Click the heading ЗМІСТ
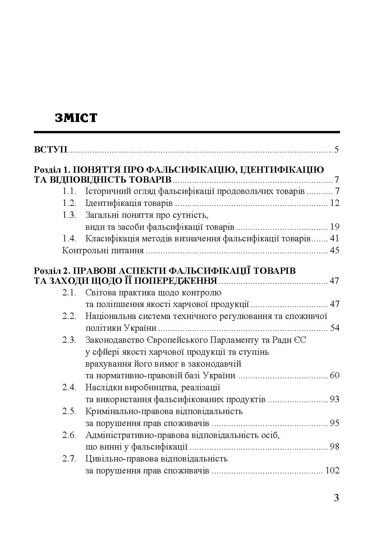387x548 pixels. (x=76, y=118)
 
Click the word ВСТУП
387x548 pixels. (x=51, y=150)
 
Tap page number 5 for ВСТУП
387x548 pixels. (x=337, y=150)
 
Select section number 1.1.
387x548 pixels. (x=70, y=191)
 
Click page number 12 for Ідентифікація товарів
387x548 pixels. (x=335, y=203)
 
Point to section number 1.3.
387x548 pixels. (x=70, y=215)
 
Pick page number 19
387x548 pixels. (x=335, y=227)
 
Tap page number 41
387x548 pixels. (x=335, y=238)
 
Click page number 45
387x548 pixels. (x=335, y=250)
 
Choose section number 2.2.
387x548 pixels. (x=70, y=316)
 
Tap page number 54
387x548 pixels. (x=335, y=328)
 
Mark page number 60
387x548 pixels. (x=335, y=376)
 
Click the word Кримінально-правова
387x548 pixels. (x=128, y=411)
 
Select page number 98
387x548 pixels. (x=335, y=447)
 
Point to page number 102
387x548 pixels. (x=333, y=470)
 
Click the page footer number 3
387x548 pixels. (x=336, y=498)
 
